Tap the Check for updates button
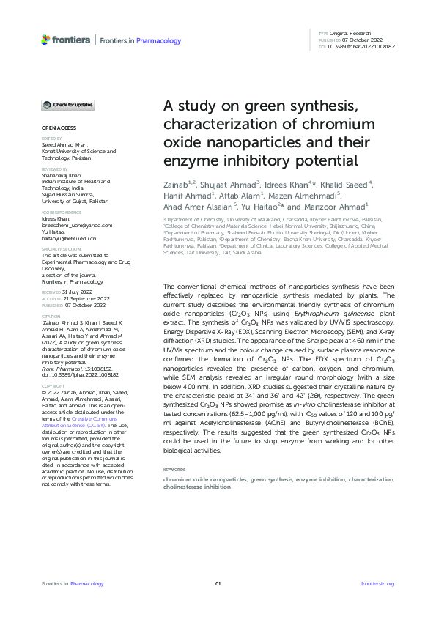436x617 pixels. [67, 106]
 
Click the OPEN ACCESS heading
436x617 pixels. [55, 128]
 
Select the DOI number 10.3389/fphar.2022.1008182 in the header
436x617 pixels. [362, 46]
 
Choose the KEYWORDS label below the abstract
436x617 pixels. [174, 470]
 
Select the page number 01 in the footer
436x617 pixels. [218, 583]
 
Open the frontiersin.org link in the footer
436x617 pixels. [377, 583]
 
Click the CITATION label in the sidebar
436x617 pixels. [51, 338]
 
